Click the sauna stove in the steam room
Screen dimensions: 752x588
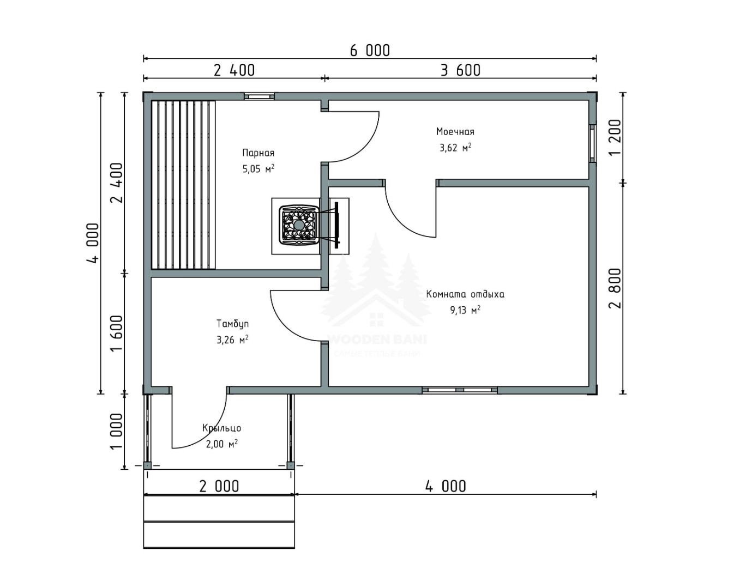(x=299, y=226)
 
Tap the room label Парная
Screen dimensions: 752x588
(x=258, y=153)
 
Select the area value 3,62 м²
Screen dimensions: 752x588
(x=455, y=148)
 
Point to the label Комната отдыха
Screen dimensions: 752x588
(x=465, y=294)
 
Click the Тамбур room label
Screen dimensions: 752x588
(x=232, y=324)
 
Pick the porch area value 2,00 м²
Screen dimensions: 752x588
(x=221, y=444)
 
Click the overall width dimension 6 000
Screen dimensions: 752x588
(x=370, y=51)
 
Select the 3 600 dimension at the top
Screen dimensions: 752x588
(x=461, y=70)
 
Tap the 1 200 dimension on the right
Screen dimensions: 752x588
(x=615, y=137)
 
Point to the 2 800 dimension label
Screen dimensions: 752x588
(x=615, y=288)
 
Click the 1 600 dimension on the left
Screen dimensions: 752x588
(x=117, y=333)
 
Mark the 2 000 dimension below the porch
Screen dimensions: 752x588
(x=219, y=487)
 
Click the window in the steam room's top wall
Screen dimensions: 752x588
(x=259, y=96)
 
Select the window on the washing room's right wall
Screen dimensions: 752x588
(x=593, y=143)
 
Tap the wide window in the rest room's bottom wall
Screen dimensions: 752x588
(x=460, y=390)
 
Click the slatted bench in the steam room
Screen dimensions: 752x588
(x=183, y=185)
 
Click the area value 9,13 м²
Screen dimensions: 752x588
(x=465, y=310)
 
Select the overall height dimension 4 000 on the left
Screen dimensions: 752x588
(x=93, y=243)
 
